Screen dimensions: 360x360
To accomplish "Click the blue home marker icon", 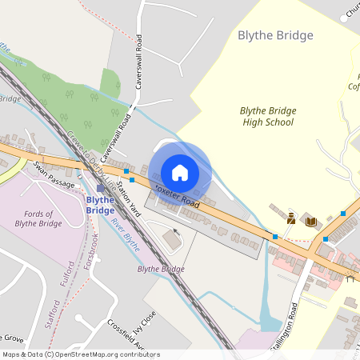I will tap(179, 172).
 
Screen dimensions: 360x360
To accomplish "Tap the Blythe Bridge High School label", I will tap(267, 116).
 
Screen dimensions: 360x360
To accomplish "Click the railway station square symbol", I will tap(100, 188).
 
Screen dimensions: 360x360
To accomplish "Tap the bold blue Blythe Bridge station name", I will tap(100, 204).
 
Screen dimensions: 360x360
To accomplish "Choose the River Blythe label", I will tap(126, 234).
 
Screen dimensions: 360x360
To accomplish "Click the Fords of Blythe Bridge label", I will tap(38, 218).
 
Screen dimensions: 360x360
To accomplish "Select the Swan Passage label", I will tap(54, 174).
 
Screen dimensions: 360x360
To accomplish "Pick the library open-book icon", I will tap(311, 221).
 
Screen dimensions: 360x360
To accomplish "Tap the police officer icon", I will tap(291, 218).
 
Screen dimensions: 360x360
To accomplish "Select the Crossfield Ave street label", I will tap(126, 340).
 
